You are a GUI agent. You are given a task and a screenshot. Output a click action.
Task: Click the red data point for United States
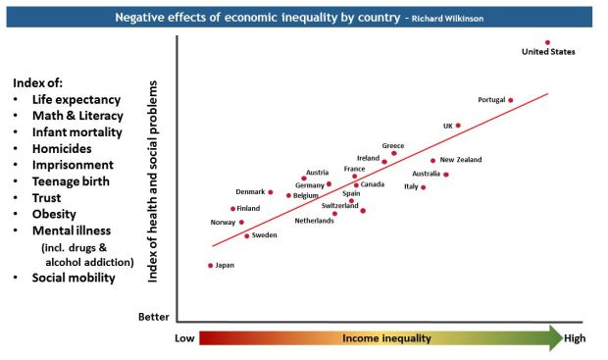coord(547,42)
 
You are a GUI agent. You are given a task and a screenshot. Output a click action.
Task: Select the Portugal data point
coord(510,100)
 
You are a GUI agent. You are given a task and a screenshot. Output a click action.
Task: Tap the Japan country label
coord(225,266)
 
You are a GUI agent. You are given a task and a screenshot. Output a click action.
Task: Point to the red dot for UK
coord(458,126)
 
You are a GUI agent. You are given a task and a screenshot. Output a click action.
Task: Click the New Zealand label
coord(461,160)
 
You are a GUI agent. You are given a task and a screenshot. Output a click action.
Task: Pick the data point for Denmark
coord(271,192)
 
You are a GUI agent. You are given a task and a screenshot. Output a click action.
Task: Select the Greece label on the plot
coord(392,145)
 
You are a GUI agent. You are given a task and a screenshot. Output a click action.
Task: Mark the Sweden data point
coord(247,235)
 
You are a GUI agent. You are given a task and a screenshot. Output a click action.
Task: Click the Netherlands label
coord(314,221)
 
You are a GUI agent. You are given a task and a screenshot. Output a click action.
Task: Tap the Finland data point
coord(233,209)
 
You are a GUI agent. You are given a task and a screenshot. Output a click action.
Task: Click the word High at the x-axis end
coord(576,338)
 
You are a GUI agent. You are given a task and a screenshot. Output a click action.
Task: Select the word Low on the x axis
coord(185,338)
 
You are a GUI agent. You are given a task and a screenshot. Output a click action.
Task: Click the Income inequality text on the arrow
coord(386,338)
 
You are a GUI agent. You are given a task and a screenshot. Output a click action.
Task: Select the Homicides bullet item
coord(67,149)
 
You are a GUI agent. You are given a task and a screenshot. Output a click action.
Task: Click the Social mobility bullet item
coord(74,278)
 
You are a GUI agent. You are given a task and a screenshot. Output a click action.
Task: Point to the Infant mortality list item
coord(76,132)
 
